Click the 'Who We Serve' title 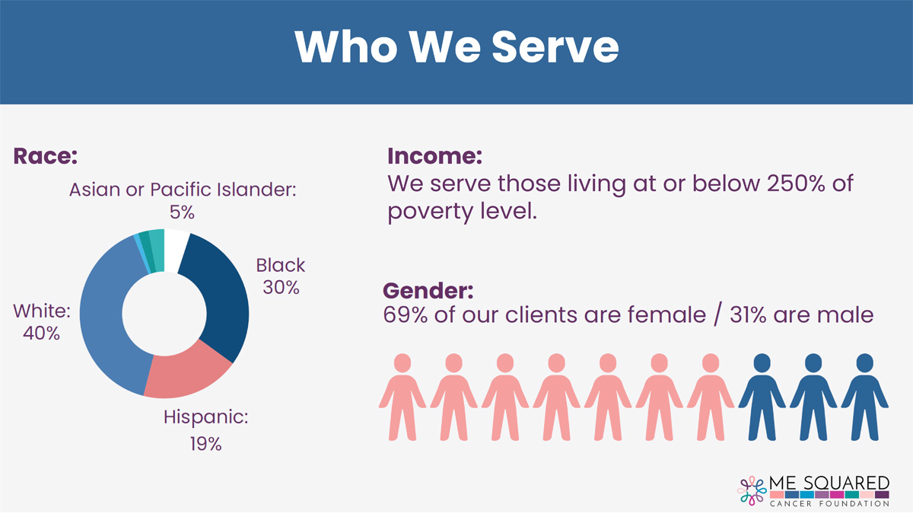pyautogui.click(x=456, y=46)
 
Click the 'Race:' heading pyautogui.click(x=45, y=156)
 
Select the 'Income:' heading pyautogui.click(x=434, y=156)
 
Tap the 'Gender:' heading pyautogui.click(x=428, y=290)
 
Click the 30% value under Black pyautogui.click(x=281, y=288)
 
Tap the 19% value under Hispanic pyautogui.click(x=205, y=444)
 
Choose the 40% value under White pyautogui.click(x=41, y=334)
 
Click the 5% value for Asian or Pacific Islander pyautogui.click(x=182, y=212)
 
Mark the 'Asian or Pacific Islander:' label pyautogui.click(x=183, y=190)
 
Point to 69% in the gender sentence pyautogui.click(x=406, y=315)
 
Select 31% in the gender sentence pyautogui.click(x=748, y=315)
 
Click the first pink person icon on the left pyautogui.click(x=402, y=397)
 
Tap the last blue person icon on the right pyautogui.click(x=864, y=397)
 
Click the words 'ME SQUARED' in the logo pyautogui.click(x=829, y=483)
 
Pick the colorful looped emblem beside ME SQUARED pyautogui.click(x=752, y=490)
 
